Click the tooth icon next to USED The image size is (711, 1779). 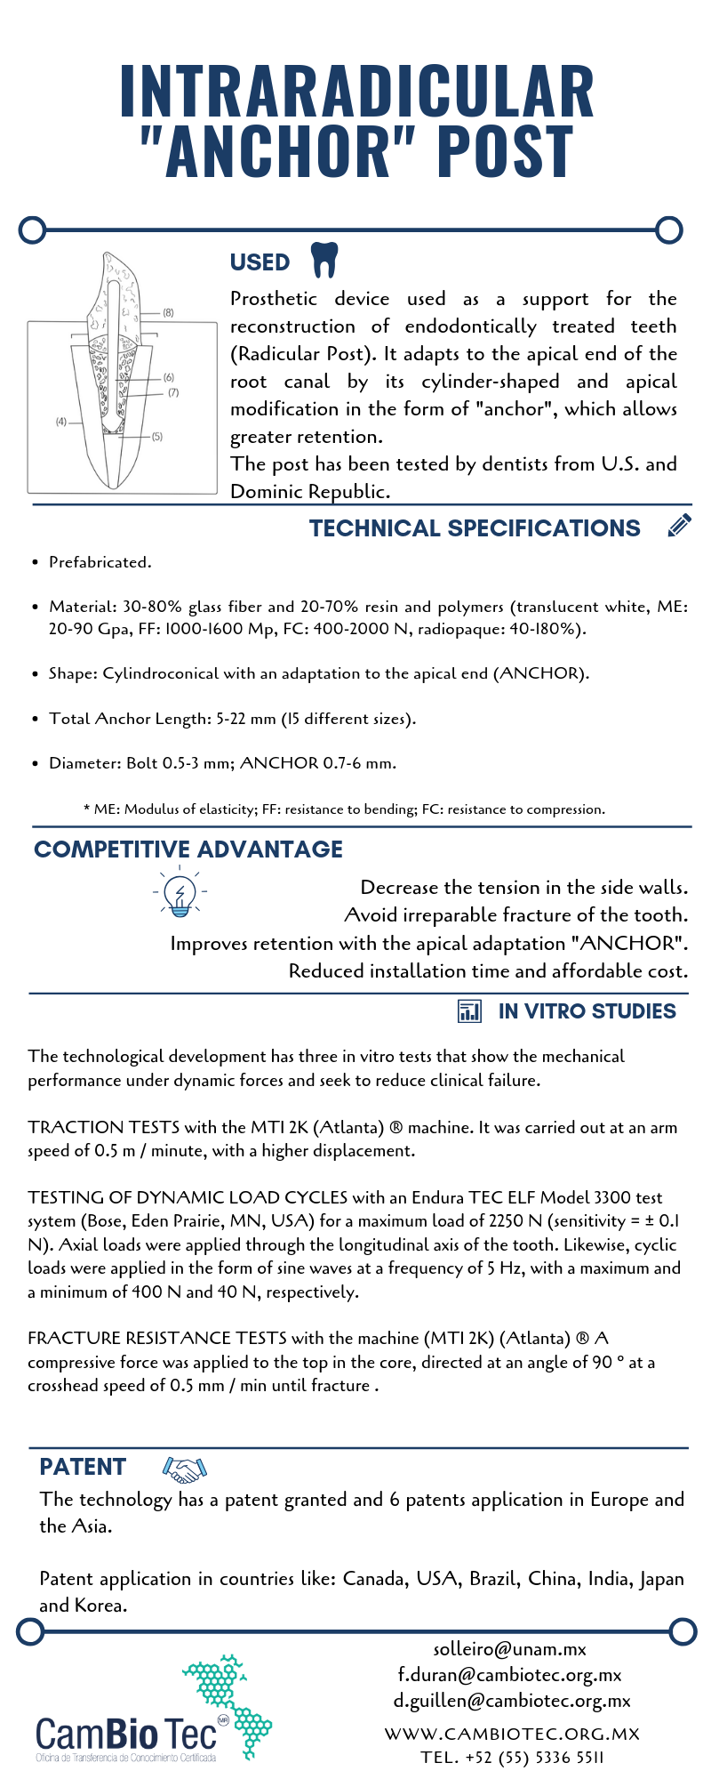point(324,260)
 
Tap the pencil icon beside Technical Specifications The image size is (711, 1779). point(679,526)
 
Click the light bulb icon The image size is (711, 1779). point(180,893)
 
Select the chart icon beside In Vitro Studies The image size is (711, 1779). point(468,1010)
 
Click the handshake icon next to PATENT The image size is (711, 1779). point(185,1469)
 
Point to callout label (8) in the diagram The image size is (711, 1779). point(168,312)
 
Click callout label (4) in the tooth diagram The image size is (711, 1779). point(61,421)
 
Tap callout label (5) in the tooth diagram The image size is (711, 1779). point(157,436)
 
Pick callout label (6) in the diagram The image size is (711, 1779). point(169,377)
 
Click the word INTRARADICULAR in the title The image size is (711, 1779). point(356,93)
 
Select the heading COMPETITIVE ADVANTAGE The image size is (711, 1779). point(188,849)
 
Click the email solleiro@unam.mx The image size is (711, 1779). point(509,1649)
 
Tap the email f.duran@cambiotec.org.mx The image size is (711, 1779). point(509,1675)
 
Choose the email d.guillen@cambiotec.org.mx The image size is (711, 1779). point(512,1701)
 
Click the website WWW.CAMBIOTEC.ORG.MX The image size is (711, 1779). point(512,1734)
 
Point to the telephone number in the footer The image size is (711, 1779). point(512,1758)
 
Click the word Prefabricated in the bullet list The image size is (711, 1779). point(100,562)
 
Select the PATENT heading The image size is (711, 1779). point(83,1467)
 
